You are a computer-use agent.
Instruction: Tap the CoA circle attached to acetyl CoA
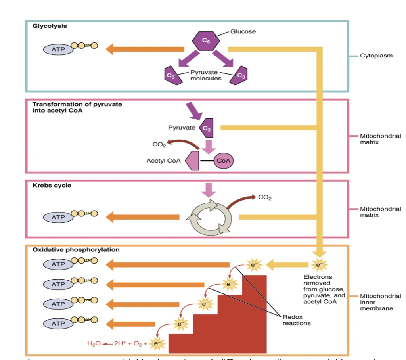(x=224, y=161)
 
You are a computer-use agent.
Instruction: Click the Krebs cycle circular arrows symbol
(x=210, y=216)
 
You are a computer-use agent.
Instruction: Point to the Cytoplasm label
(x=376, y=56)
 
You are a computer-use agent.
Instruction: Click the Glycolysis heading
(x=50, y=26)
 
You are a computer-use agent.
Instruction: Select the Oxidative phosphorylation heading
(x=76, y=250)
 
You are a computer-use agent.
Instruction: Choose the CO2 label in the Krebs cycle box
(x=264, y=197)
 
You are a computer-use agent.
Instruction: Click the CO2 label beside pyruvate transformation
(x=159, y=145)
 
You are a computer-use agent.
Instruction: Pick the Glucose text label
(x=243, y=31)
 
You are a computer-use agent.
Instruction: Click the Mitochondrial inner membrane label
(x=380, y=302)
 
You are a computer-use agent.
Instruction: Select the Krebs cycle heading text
(x=52, y=186)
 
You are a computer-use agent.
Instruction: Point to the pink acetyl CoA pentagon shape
(x=191, y=161)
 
